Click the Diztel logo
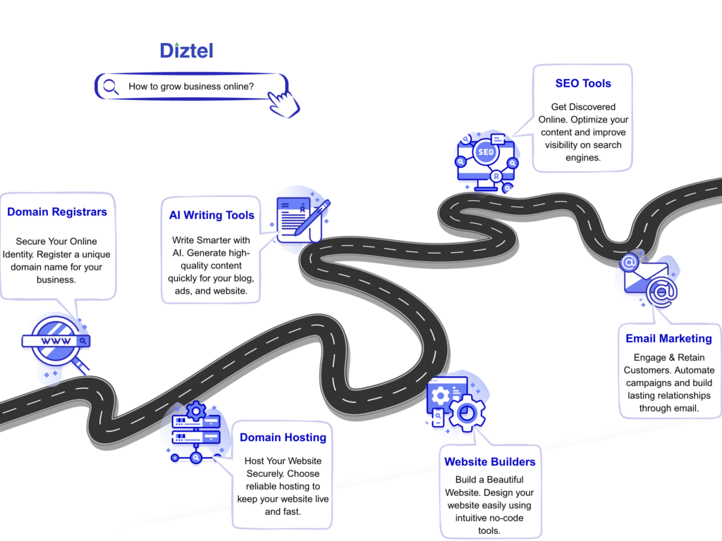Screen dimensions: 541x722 [186, 50]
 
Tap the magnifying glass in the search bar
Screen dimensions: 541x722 [111, 87]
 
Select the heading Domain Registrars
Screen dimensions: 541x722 [57, 211]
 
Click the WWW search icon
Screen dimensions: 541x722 [56, 342]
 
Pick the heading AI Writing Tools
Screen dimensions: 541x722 [212, 215]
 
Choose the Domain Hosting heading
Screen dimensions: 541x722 [283, 437]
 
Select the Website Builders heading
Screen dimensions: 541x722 [489, 462]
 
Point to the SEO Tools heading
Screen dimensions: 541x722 [583, 83]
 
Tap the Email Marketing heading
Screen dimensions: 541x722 [668, 338]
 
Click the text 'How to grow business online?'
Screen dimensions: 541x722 [191, 87]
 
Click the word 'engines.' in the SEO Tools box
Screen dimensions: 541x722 [582, 158]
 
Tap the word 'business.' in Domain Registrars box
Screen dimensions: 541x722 [56, 280]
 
